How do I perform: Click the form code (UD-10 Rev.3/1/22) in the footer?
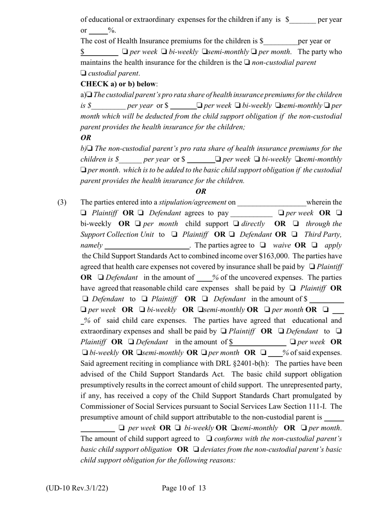click(x=77, y=488)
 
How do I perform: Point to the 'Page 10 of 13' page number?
click(x=184, y=488)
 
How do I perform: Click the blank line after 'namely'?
click(x=147, y=246)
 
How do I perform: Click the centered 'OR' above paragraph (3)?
click(x=201, y=191)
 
